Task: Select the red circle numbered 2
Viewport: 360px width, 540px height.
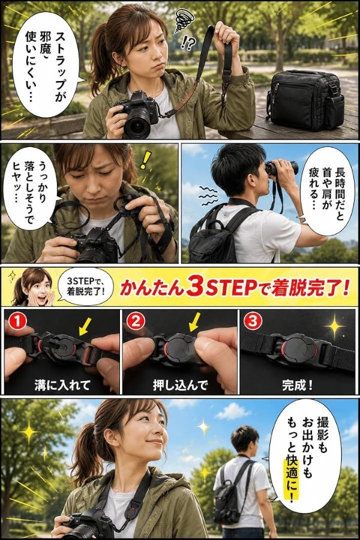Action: tap(136, 323)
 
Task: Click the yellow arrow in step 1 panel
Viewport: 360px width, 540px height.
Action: tap(85, 326)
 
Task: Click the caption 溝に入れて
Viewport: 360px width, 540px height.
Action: tap(62, 385)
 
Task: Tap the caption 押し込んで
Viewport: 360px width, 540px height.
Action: tap(180, 385)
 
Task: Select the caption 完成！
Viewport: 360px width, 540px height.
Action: tap(298, 385)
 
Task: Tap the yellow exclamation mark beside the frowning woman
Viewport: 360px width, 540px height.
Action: tap(145, 160)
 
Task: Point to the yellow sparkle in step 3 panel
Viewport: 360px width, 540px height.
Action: tap(334, 326)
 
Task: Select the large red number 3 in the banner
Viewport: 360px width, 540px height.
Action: tap(194, 287)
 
